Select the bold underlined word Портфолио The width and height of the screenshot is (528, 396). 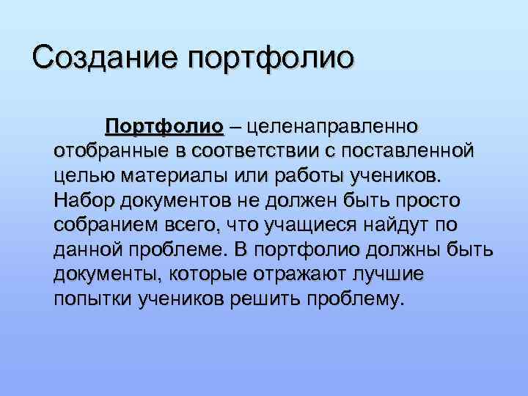[164, 126]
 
